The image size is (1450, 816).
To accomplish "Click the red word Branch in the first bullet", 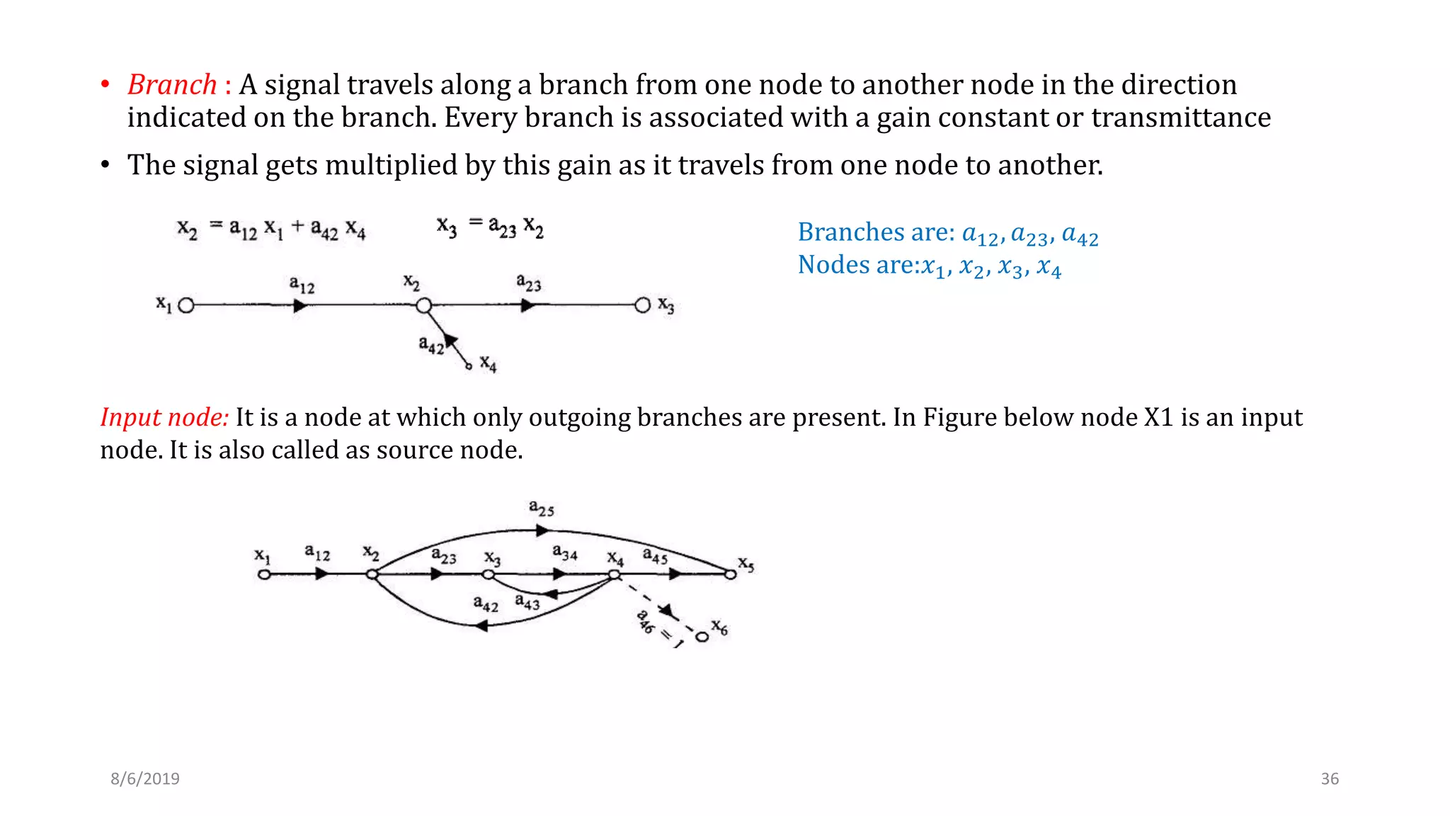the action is tap(172, 85).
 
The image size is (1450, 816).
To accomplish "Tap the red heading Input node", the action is tap(164, 417).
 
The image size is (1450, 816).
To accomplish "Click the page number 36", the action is tap(1330, 778).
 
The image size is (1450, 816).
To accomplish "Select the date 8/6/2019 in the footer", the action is tap(145, 778).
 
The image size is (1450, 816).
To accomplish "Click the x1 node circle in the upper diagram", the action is tap(186, 306).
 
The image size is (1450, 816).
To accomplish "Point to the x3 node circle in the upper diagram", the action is tap(642, 305).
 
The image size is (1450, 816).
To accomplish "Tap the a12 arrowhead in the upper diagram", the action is tap(300, 306).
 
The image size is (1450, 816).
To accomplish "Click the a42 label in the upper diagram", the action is tap(430, 345).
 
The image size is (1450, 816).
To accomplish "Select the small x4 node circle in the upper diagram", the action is tap(468, 366).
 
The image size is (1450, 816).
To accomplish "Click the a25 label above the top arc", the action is tap(542, 508).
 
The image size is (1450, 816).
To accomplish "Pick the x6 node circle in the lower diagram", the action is tap(702, 637).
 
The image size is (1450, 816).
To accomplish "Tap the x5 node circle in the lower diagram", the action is tap(731, 574).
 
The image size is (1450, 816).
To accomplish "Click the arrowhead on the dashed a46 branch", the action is tap(666, 610).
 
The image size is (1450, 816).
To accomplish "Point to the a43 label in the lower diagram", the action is tap(527, 603).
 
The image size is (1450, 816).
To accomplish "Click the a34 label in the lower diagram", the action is tap(565, 552).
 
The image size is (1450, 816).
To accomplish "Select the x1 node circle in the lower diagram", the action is tap(264, 574).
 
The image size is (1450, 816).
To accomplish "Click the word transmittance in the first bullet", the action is tap(1181, 118).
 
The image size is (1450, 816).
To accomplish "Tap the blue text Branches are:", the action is tap(876, 232).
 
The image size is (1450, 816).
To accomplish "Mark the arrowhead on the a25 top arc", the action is tap(542, 530).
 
